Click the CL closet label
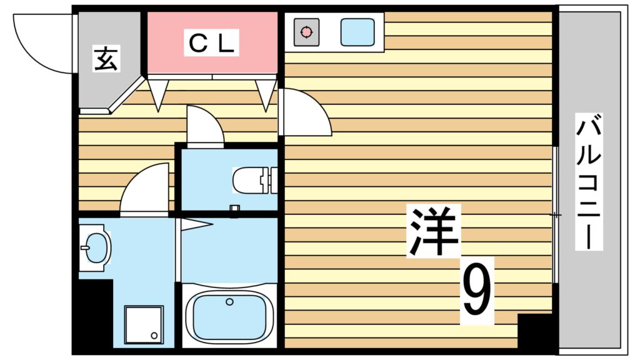tap(211, 43)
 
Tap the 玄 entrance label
tap(106, 58)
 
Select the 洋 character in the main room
tap(433, 231)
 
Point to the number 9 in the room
tap(477, 291)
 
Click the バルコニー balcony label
tap(589, 181)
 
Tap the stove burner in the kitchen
tap(306, 32)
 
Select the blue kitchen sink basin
tap(357, 32)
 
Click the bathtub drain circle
tap(230, 302)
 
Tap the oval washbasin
tap(96, 247)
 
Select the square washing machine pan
tap(144, 325)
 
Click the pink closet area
tap(211, 43)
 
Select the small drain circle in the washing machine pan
tap(154, 336)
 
